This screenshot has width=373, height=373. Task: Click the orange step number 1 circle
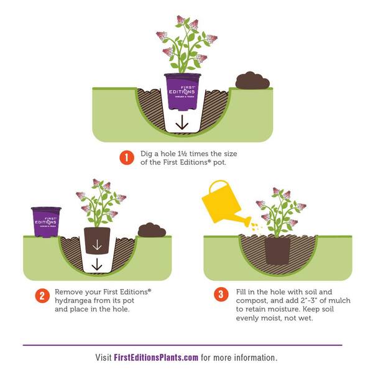pos(127,158)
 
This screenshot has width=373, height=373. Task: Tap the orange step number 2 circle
pos(42,296)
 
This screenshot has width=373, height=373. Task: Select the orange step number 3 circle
pos(221,294)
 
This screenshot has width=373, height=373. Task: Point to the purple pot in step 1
pos(182,91)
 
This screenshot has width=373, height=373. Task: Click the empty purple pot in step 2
pos(46,222)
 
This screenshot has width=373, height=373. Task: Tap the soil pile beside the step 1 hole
pos(252,80)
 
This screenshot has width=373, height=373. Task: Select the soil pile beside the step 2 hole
pos(152,230)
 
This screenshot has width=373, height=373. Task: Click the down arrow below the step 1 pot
pos(182,122)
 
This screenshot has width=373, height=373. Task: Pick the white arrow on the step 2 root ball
pos(97,245)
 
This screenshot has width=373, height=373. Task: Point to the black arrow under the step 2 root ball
pos(96,264)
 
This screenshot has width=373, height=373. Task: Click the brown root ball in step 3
pos(277,250)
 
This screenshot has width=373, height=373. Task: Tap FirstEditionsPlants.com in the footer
pos(156,357)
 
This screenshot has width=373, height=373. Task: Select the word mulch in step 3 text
pos(339,300)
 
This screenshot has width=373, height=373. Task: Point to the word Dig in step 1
pos(146,154)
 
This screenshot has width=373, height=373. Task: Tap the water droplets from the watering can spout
pos(256,226)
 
